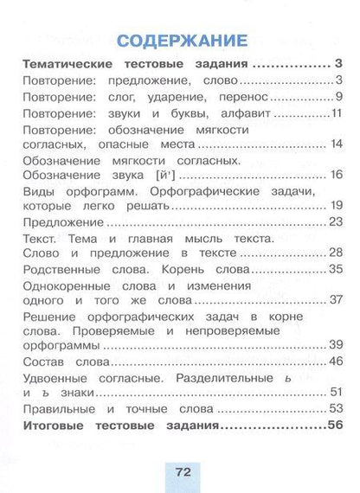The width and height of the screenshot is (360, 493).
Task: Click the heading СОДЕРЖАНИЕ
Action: click(x=180, y=42)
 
